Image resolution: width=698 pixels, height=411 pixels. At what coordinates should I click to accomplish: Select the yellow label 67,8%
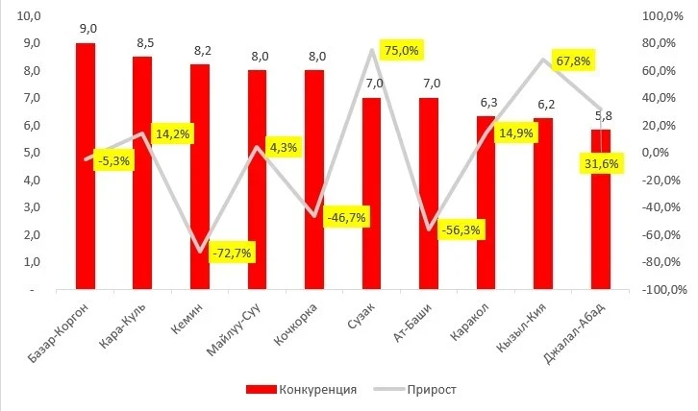click(x=572, y=60)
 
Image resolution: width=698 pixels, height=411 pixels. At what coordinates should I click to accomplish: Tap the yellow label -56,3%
click(x=460, y=230)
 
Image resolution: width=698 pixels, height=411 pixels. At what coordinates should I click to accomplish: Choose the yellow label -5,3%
click(x=113, y=159)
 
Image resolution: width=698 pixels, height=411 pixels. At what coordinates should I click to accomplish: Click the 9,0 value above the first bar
click(x=86, y=29)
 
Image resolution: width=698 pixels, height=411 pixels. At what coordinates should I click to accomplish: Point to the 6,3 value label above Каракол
click(x=486, y=102)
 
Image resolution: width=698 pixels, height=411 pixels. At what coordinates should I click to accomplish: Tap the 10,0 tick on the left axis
click(x=30, y=16)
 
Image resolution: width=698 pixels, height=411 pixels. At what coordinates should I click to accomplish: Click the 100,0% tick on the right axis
click(x=659, y=16)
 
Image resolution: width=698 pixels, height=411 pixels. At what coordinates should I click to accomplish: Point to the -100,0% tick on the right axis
click(x=657, y=289)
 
